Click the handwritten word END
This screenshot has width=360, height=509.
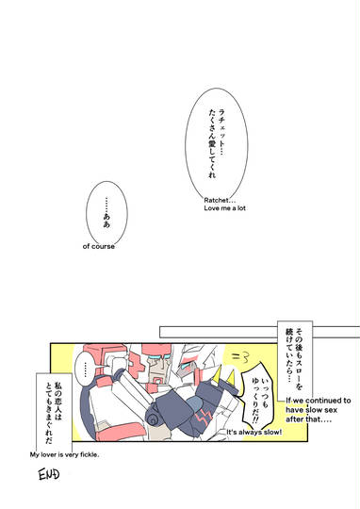(x=49, y=474)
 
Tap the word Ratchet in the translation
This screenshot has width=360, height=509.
(x=215, y=200)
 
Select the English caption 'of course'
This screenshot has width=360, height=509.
(x=99, y=246)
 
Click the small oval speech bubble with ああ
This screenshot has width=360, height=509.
(x=106, y=213)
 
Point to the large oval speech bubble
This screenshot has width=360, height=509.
(x=217, y=145)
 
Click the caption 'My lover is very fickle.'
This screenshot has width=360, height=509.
(x=65, y=454)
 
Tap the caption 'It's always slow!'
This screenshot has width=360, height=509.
(x=254, y=432)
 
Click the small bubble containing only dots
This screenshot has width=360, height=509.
(x=86, y=369)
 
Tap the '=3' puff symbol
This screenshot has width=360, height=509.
(x=240, y=357)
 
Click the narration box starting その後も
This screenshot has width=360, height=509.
(x=295, y=361)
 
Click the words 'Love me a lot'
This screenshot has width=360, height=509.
(x=224, y=208)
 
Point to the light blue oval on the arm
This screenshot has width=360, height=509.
(x=194, y=404)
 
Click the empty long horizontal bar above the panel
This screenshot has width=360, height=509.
(x=219, y=332)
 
